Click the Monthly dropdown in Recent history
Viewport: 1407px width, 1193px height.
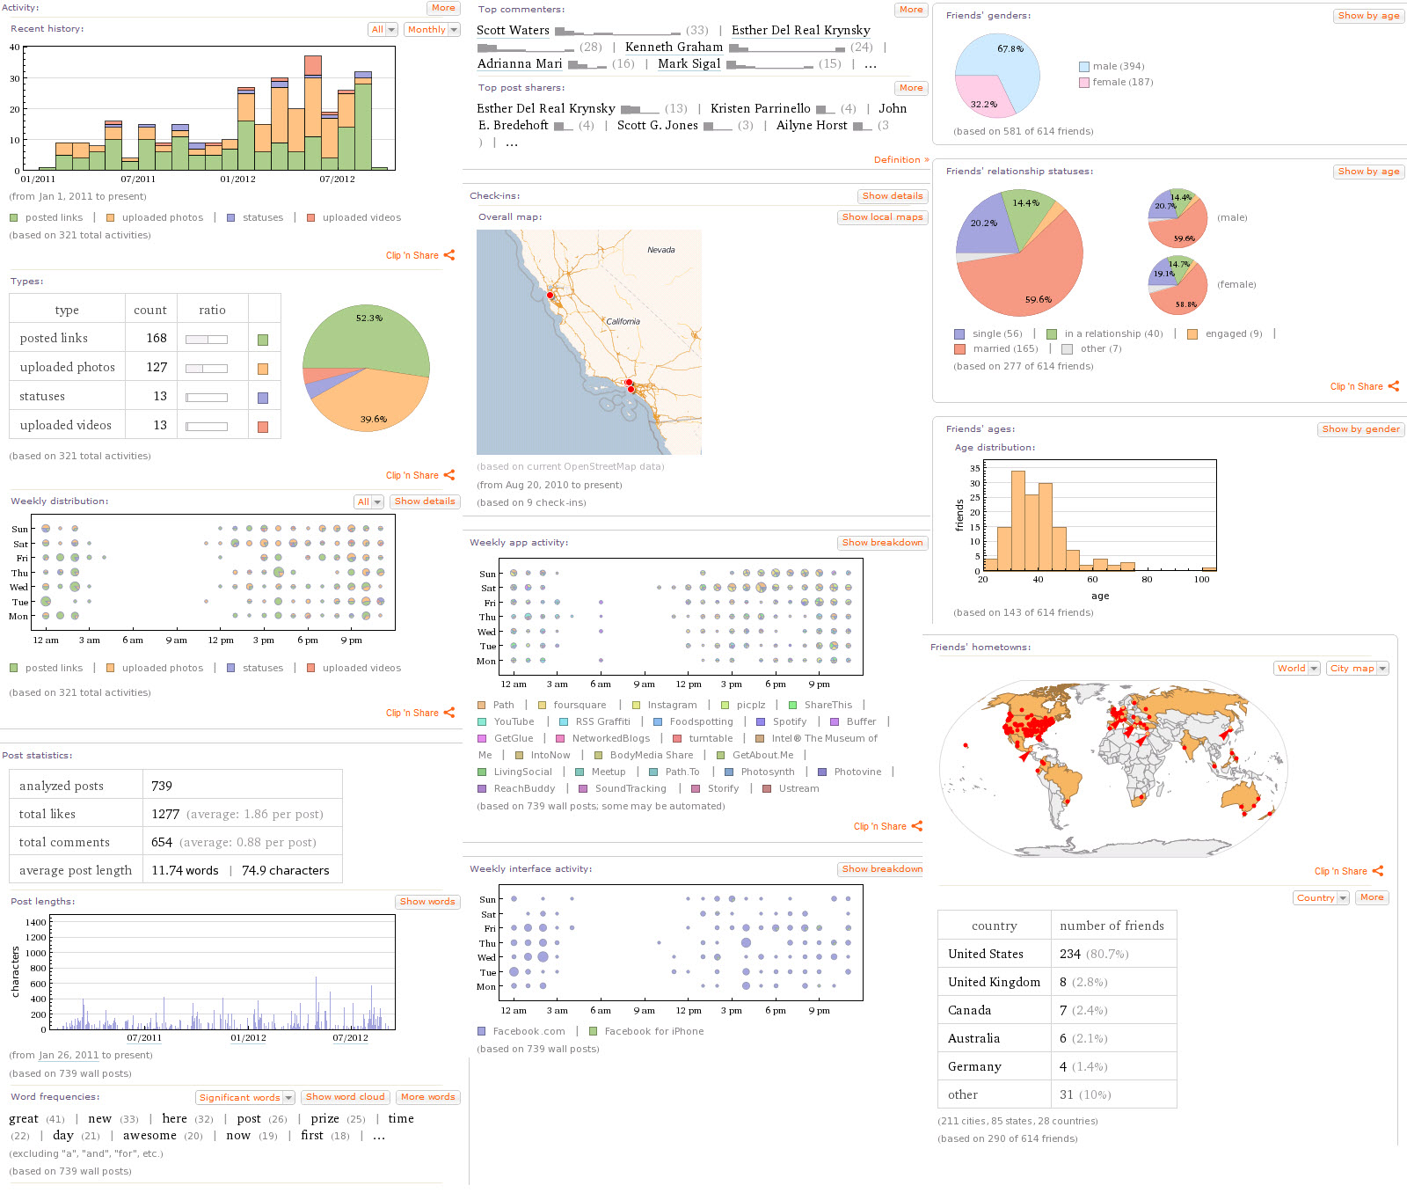click(x=432, y=30)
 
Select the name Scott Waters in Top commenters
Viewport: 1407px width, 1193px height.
click(x=513, y=30)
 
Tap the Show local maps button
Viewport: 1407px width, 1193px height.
click(x=882, y=217)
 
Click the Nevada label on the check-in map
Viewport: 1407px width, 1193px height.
click(x=660, y=250)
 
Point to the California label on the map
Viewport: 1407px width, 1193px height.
click(x=623, y=321)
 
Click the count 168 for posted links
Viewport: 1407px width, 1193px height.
click(x=157, y=338)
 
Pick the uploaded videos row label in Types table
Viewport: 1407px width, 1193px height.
click(x=65, y=425)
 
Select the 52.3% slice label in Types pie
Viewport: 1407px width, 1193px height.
click(x=368, y=318)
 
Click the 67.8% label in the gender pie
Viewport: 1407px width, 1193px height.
click(x=1010, y=49)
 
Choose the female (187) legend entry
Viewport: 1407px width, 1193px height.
click(x=1122, y=82)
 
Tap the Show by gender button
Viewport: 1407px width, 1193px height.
click(x=1360, y=429)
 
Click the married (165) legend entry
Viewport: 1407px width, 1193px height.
click(x=1005, y=348)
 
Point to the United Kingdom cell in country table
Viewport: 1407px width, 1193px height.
click(x=994, y=982)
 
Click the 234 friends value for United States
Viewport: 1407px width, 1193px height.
click(x=1069, y=954)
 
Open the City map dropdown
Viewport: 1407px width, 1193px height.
click(x=1357, y=669)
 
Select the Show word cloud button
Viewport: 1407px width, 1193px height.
click(x=345, y=1097)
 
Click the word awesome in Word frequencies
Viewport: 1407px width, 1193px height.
click(x=149, y=1136)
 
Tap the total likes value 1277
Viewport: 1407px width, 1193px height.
click(x=165, y=814)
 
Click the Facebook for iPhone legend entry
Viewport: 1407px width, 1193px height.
click(x=653, y=1031)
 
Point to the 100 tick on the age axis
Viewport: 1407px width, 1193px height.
click(x=1201, y=579)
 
